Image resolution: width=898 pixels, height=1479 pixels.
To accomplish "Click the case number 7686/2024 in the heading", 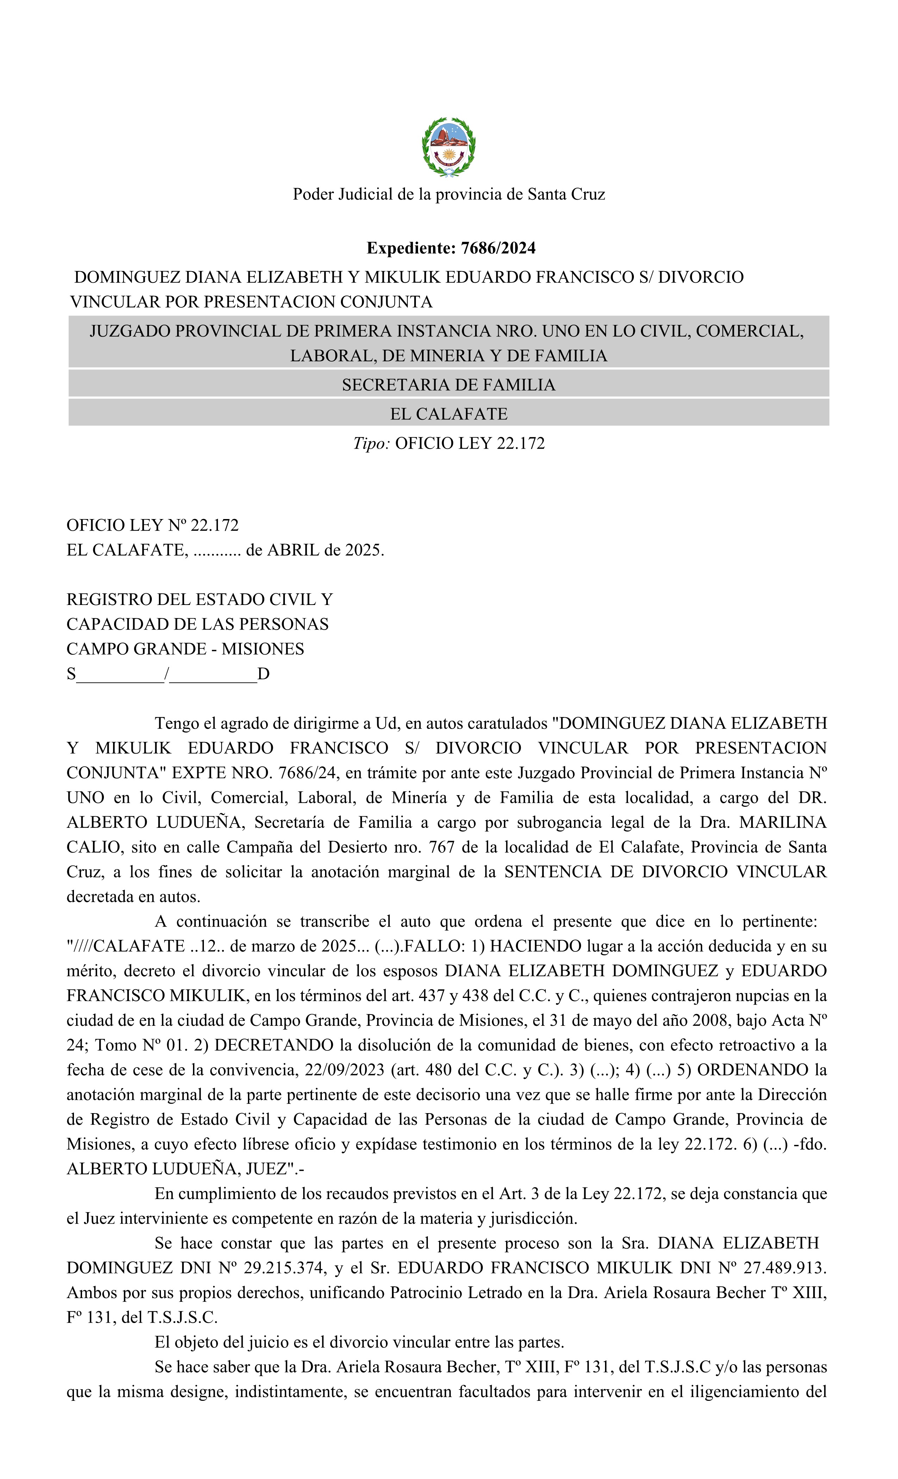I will (498, 248).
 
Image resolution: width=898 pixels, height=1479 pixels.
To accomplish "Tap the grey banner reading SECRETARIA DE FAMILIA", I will (448, 385).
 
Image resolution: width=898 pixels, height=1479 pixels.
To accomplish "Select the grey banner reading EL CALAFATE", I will (448, 413).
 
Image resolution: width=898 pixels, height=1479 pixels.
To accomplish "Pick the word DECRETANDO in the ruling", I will (274, 1045).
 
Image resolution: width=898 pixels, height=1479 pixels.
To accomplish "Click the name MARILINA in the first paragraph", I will (783, 822).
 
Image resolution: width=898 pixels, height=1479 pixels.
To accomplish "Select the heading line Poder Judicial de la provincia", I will (448, 194).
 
